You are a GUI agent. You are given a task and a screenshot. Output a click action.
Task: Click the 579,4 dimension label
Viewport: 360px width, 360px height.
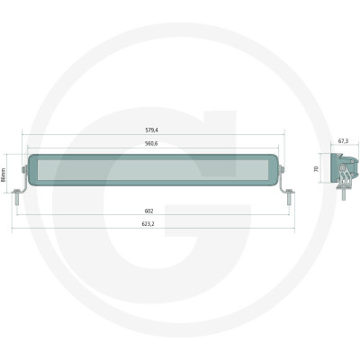tap(151, 130)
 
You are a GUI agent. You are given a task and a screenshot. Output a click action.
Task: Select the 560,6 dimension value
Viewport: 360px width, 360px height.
tap(151, 144)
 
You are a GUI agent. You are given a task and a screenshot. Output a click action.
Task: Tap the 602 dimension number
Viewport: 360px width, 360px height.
tap(149, 211)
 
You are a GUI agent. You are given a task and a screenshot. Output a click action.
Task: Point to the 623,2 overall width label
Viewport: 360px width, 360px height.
tap(148, 224)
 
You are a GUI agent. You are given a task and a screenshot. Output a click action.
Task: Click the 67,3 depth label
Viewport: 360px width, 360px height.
tap(343, 141)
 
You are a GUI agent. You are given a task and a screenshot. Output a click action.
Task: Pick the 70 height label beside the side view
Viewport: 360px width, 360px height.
tap(316, 169)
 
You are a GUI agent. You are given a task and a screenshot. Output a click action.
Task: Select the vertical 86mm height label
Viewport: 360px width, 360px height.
tap(4, 175)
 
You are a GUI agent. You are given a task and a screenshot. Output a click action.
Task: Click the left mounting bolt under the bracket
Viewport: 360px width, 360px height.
tap(17, 197)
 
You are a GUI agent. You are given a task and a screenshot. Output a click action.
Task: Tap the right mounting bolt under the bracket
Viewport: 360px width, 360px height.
tap(289, 197)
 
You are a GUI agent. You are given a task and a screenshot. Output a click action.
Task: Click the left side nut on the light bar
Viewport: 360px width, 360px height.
tap(23, 170)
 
